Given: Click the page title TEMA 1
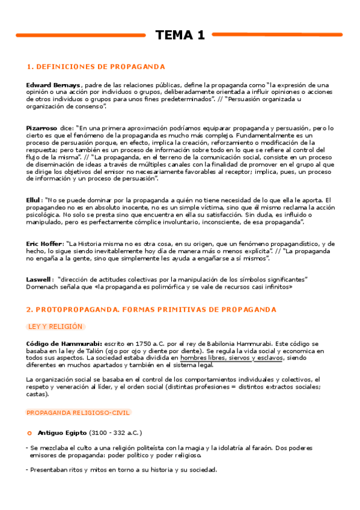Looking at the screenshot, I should click(x=180, y=35).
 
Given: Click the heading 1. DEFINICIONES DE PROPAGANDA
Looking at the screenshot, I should click(x=96, y=67).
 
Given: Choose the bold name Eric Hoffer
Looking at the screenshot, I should click(x=44, y=244).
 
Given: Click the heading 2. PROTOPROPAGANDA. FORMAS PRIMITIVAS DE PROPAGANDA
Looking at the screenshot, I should click(x=151, y=310).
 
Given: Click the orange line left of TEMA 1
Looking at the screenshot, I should click(x=81, y=35).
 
